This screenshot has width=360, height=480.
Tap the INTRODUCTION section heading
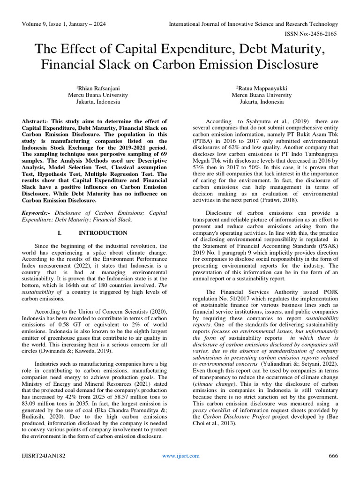click(103, 233)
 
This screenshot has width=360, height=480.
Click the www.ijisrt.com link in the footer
click(180, 456)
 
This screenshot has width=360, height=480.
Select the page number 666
click(333, 456)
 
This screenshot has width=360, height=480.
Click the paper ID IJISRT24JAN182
click(43, 456)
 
